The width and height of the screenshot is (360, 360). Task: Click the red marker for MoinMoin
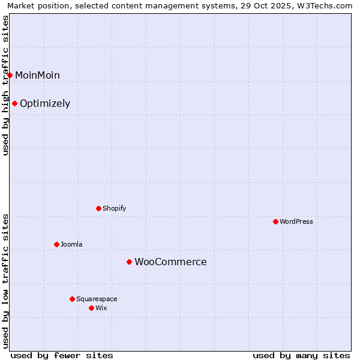tap(10, 75)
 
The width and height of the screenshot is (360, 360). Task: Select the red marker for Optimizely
tap(15, 103)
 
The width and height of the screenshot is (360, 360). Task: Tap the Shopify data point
tap(99, 208)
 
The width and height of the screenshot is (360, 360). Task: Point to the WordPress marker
tap(276, 221)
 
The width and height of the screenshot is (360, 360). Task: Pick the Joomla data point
tap(57, 244)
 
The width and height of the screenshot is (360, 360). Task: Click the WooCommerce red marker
tap(129, 262)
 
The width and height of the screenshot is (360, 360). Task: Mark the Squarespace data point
tap(73, 299)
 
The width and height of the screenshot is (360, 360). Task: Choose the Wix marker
tap(91, 308)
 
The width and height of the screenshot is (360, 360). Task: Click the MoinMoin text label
tap(37, 75)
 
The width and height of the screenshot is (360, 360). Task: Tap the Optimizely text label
tap(45, 103)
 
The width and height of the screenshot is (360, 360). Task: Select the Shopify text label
tap(114, 208)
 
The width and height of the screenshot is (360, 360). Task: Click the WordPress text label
tap(296, 221)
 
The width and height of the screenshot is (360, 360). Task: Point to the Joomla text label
tap(71, 244)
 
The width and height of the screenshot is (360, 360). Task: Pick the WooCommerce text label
tap(170, 262)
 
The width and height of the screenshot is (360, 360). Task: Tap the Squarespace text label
tap(97, 299)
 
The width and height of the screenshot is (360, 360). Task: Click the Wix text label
tap(101, 308)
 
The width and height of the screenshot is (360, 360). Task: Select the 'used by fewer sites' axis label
tap(62, 355)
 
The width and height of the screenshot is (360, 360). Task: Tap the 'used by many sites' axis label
tap(301, 355)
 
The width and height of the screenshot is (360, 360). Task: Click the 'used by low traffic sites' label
tap(6, 280)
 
